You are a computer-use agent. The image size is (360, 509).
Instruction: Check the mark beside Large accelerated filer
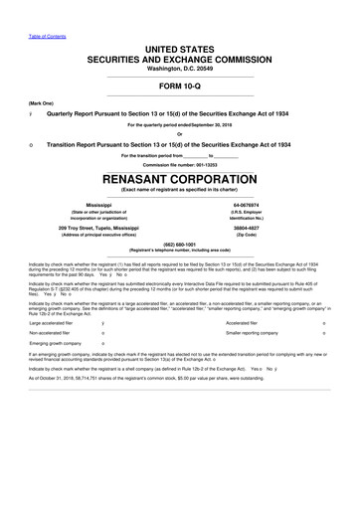tap(104, 351)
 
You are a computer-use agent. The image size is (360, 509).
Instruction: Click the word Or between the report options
tap(180, 135)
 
